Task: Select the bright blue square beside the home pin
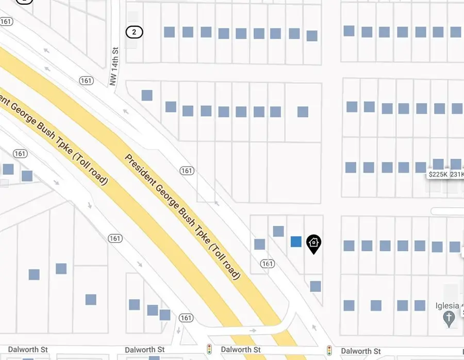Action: point(296,241)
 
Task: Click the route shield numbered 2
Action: point(134,32)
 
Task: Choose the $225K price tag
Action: point(438,175)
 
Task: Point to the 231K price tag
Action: point(457,175)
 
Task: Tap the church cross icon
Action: point(450,319)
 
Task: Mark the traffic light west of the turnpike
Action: point(209,350)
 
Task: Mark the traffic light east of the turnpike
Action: point(329,350)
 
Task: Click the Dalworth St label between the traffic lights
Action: point(240,350)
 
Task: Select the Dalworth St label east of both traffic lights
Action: point(361,351)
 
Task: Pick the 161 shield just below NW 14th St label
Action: point(86,80)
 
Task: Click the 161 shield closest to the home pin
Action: point(267,264)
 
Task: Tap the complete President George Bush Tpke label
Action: point(183,217)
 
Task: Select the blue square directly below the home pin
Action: point(316,286)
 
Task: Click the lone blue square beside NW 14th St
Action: point(147,95)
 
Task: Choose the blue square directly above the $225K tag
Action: point(438,165)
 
